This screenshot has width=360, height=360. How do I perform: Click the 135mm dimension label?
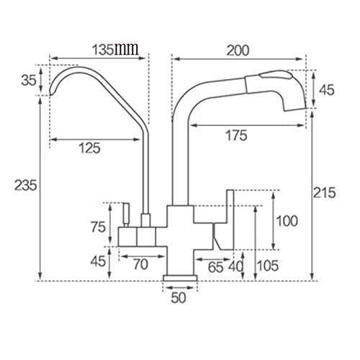point(115,50)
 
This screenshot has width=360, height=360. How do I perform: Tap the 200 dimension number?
point(238,50)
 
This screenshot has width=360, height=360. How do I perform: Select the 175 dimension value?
point(236,135)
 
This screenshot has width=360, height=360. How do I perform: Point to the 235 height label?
point(26,185)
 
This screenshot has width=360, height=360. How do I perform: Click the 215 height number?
point(324,192)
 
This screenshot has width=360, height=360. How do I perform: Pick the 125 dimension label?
point(89,148)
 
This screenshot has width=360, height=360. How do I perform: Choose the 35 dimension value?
point(29,80)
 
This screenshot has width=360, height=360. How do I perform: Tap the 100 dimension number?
point(287,221)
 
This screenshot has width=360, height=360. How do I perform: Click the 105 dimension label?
point(268,266)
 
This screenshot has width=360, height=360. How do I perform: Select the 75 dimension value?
point(98,227)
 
